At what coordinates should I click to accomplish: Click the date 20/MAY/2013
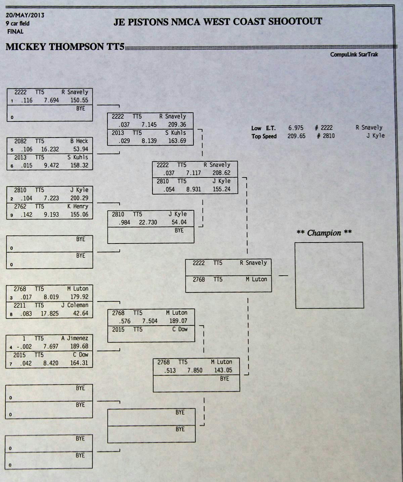25,15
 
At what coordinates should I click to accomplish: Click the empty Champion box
329,275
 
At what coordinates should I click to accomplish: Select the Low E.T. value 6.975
296,128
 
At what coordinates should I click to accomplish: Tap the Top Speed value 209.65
296,136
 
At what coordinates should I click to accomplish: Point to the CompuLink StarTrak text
354,54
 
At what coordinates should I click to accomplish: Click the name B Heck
79,141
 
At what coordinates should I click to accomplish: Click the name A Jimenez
75,338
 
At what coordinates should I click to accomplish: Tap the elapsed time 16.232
50,149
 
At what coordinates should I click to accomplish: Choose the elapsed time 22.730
148,222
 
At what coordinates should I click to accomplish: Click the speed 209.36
177,125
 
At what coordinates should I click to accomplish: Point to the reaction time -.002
24,346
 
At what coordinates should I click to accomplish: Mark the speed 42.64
80,314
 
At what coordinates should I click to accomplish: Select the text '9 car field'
17,23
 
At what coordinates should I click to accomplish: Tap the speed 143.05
223,370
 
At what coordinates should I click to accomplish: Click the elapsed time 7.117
193,173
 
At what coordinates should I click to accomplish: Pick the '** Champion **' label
324,233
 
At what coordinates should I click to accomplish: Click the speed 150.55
79,100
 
